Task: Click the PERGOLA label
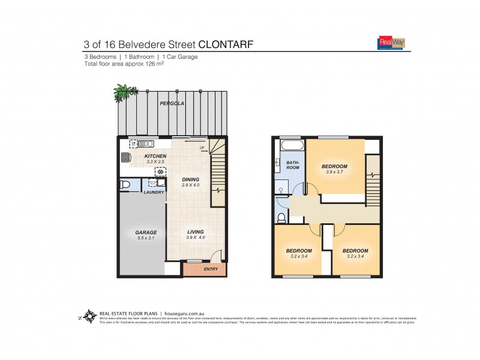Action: click(x=172, y=104)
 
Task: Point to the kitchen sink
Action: click(x=142, y=144)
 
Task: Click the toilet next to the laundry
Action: click(x=125, y=185)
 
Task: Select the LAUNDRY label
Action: click(x=154, y=192)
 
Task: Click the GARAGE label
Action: click(x=145, y=232)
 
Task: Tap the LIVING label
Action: click(x=195, y=232)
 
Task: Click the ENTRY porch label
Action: click(x=211, y=269)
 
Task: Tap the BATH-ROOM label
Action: click(x=292, y=164)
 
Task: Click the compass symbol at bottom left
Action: click(x=89, y=316)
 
